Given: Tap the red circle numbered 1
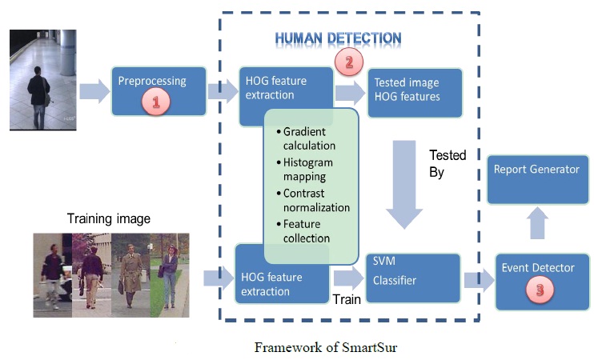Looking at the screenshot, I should pos(156,102).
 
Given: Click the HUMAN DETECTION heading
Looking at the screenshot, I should pos(338,38).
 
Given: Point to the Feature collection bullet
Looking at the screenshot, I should pos(307,231).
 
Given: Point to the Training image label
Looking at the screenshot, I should pos(108,218).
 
